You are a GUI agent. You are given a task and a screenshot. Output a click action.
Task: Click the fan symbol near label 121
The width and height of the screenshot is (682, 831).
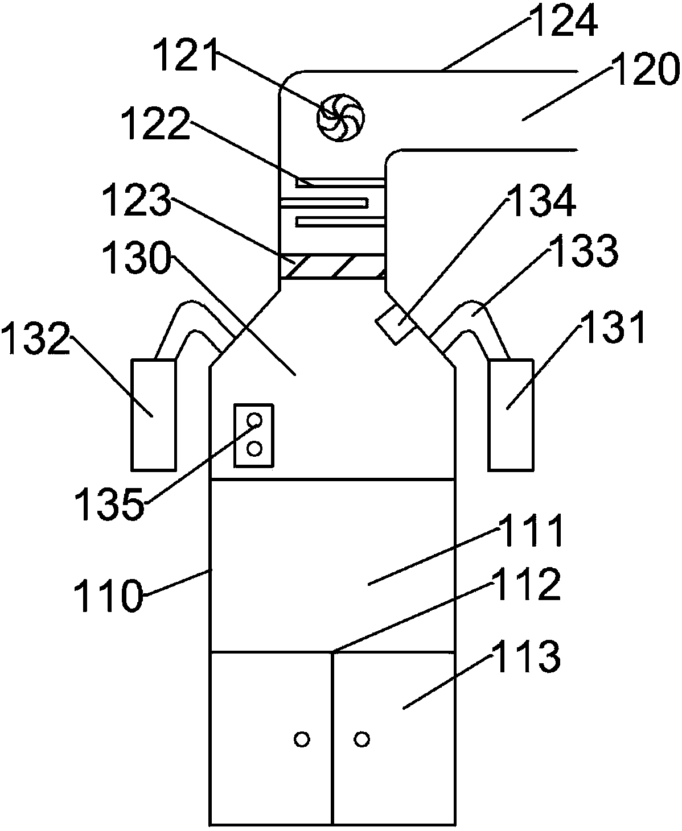pyautogui.click(x=340, y=118)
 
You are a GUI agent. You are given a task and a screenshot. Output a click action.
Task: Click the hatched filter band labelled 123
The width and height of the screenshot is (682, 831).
pyautogui.click(x=332, y=267)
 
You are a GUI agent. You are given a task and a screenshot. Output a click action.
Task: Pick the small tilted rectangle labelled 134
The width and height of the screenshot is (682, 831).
pyautogui.click(x=395, y=324)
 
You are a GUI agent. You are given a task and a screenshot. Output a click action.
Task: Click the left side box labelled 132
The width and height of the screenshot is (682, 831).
pyautogui.click(x=154, y=415)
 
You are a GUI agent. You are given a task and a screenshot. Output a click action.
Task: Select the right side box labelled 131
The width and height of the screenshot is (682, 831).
pyautogui.click(x=511, y=415)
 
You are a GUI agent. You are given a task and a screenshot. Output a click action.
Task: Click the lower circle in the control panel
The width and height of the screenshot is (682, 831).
pyautogui.click(x=254, y=448)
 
